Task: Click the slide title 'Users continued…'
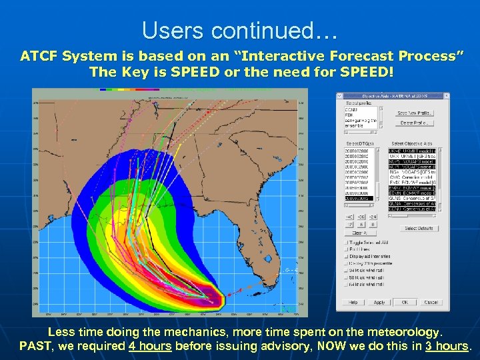pos(239,31)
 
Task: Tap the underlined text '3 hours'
pos(446,346)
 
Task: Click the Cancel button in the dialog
pos(431,302)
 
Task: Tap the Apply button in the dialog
pos(379,302)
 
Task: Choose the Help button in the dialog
pos(352,302)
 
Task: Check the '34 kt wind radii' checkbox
pos(346,271)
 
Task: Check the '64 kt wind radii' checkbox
pos(346,285)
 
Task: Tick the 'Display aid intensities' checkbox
pos(346,256)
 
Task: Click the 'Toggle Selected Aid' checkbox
pos(346,241)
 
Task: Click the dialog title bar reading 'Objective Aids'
pos(392,95)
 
